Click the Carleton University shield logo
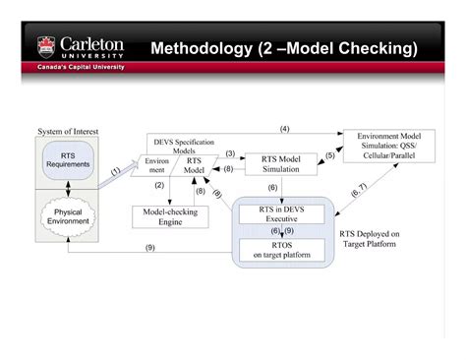(45, 47)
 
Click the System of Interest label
(68, 131)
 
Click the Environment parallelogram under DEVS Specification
(158, 165)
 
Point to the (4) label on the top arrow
(284, 129)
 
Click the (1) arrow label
(115, 171)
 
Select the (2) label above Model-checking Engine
(158, 185)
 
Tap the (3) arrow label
(230, 153)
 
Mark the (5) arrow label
(330, 155)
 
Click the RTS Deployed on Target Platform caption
(368, 238)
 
